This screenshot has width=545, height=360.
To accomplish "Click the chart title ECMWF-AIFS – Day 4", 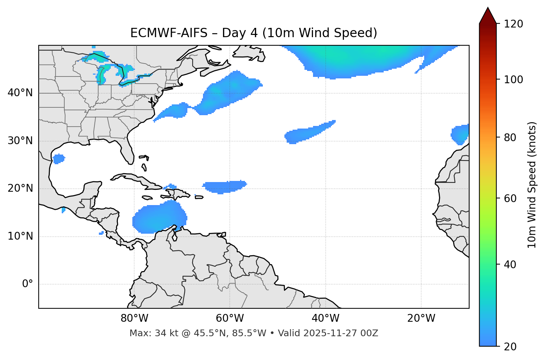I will point(254,33).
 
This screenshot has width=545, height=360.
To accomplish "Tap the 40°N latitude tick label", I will point(20,93).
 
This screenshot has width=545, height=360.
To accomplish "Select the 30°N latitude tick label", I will point(20,141).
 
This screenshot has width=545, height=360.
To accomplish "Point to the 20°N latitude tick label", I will point(20,188).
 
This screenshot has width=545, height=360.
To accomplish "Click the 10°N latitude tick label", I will point(20,236).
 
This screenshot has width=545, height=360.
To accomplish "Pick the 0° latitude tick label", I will point(28,284).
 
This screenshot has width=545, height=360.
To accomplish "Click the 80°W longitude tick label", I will point(134,318).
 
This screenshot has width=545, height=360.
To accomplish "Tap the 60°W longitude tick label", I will point(230,318).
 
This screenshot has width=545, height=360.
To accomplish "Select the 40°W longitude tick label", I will point(325,318).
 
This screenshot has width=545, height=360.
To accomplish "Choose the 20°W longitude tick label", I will point(421,318).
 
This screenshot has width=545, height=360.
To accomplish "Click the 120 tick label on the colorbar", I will point(513,24).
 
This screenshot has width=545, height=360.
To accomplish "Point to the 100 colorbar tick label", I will point(513,80).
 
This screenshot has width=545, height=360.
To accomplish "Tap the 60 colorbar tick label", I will point(510,198).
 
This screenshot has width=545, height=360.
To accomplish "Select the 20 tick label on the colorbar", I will point(510,347).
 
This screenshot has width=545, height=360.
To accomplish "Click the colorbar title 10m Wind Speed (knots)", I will point(532,185).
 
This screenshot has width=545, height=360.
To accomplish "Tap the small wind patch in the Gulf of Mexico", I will point(58,159).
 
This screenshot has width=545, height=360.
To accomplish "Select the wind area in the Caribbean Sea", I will point(158,219).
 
